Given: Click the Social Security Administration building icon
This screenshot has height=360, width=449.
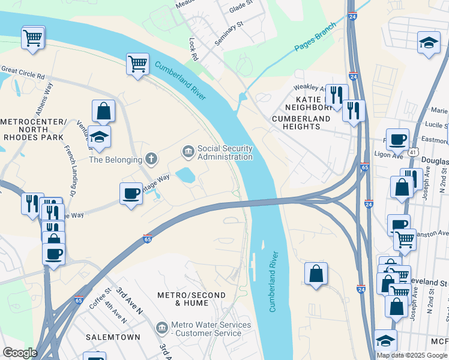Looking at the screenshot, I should tap(188, 151).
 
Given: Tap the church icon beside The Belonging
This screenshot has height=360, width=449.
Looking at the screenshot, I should tap(151, 160).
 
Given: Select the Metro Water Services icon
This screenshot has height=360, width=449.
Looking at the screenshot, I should tap(161, 328).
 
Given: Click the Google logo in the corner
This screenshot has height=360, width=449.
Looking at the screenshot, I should tap(20, 353).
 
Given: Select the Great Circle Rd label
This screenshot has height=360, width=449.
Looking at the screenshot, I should tap(23, 73).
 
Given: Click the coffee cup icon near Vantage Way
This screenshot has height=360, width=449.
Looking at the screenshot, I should tap(131, 193).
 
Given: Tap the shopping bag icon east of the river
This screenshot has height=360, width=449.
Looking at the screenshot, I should tap(316, 273).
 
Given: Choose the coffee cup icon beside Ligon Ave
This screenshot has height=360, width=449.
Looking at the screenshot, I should tap(397, 139).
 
